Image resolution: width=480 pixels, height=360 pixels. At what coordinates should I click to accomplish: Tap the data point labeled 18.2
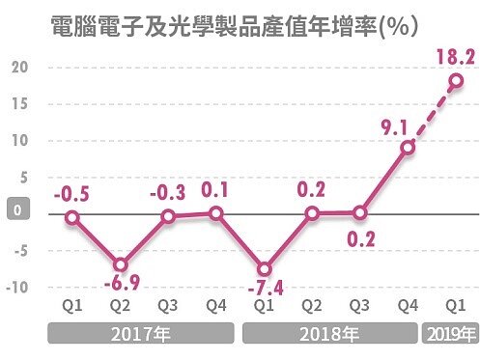(x=455, y=81)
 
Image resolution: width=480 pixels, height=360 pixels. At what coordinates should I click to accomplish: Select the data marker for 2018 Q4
(x=408, y=148)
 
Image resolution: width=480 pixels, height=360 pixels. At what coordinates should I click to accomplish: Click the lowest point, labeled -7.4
(x=264, y=268)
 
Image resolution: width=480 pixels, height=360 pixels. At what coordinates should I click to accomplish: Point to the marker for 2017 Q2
(x=120, y=264)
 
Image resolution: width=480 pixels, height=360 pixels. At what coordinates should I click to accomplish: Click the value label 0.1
(x=214, y=188)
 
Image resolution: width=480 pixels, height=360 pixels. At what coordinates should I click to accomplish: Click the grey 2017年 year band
(x=143, y=336)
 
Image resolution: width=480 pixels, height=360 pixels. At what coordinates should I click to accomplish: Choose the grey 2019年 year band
(x=452, y=336)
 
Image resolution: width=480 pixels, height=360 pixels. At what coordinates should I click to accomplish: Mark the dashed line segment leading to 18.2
(x=432, y=114)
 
